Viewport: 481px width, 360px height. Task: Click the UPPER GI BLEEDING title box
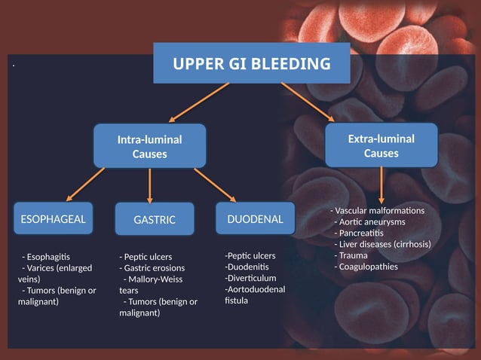point(252,63)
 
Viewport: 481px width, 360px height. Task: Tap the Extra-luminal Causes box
point(381,145)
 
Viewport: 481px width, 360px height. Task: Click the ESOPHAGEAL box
point(52,219)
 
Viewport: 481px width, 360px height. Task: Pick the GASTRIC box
point(154,220)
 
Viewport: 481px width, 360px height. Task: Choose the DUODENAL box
point(255,219)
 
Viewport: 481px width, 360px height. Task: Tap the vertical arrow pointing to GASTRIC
point(151,185)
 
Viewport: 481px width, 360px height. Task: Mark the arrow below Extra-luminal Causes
point(382,184)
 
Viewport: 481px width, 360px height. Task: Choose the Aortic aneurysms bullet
point(372,221)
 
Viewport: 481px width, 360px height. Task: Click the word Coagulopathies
point(368,267)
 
